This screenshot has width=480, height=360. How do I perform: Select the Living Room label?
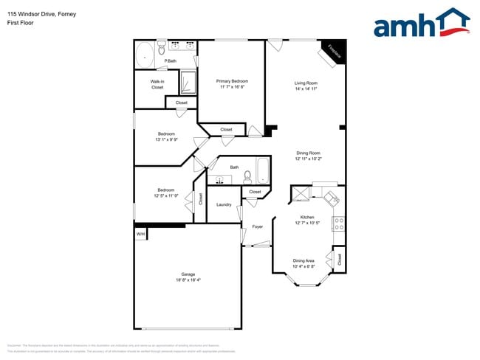tap(306, 86)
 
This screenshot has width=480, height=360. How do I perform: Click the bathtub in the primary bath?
tap(144, 54)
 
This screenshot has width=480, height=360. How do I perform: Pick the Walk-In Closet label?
tap(157, 84)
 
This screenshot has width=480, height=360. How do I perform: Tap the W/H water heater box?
tap(140, 234)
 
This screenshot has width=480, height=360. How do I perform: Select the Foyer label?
tap(257, 226)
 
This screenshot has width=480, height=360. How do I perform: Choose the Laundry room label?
tap(224, 204)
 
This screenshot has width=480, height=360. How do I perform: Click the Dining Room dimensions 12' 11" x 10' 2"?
tap(308, 159)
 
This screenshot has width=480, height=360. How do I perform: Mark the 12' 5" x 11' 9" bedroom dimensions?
tap(165, 195)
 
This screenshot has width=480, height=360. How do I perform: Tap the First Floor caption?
tap(21, 23)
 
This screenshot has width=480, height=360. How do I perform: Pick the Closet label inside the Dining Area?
tap(339, 259)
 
